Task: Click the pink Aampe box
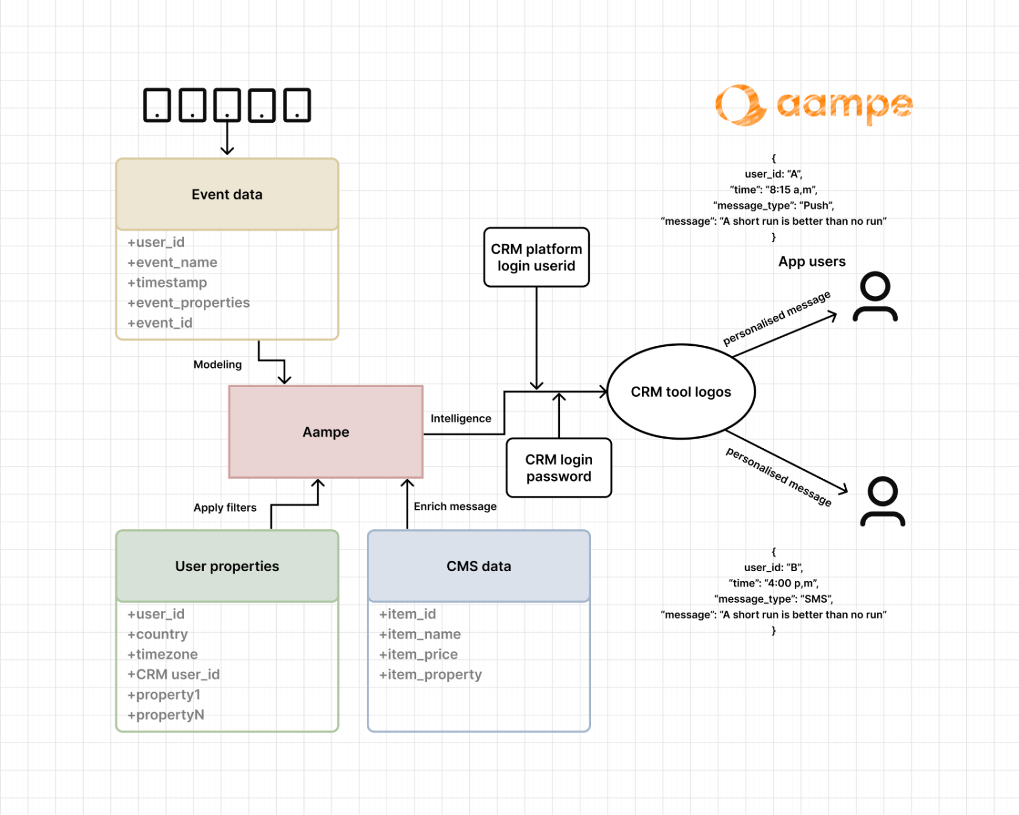click(326, 432)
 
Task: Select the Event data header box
click(227, 194)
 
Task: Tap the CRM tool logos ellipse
click(680, 392)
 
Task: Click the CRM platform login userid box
click(536, 258)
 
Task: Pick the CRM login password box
click(559, 467)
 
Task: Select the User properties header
click(227, 566)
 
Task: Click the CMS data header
click(478, 566)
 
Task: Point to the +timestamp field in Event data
click(167, 282)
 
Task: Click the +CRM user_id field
click(173, 675)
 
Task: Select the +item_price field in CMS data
click(418, 654)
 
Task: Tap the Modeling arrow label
click(217, 364)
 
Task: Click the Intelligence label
click(460, 418)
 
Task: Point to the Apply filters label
click(225, 508)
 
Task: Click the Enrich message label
click(455, 507)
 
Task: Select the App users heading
click(811, 261)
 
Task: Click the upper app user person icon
click(875, 297)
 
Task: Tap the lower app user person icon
click(882, 502)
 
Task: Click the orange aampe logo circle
click(739, 105)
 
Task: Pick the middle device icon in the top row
click(227, 105)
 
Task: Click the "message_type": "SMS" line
click(773, 599)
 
